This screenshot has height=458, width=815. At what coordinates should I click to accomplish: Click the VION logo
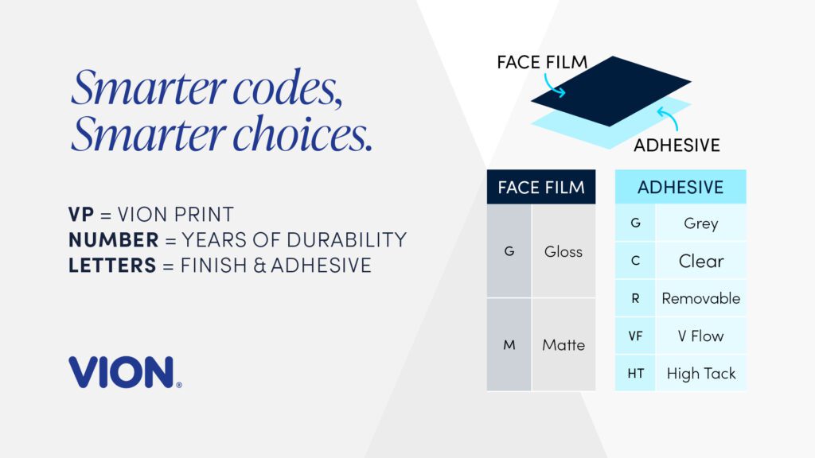125,372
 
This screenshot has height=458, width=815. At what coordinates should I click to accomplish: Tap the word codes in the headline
287,87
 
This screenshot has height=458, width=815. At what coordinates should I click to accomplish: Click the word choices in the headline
302,134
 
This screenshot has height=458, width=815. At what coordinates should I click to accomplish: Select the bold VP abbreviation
81,214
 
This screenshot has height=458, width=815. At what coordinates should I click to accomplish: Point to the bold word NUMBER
113,240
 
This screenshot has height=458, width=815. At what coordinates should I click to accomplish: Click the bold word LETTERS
112,266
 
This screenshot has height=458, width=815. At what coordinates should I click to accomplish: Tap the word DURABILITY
347,240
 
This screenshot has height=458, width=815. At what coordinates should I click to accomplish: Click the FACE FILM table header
541,187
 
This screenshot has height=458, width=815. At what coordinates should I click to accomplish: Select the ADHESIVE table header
680,187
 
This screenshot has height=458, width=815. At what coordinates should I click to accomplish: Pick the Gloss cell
563,251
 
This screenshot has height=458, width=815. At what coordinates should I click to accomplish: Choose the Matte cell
563,345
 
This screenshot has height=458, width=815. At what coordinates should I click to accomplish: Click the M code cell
509,345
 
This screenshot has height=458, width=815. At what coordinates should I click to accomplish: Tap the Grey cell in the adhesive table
700,223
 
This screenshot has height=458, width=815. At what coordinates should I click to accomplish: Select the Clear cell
700,261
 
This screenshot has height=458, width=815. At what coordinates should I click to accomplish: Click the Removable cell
700,298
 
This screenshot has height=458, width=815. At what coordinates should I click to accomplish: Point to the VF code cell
635,336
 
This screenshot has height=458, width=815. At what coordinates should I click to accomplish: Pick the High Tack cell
700,374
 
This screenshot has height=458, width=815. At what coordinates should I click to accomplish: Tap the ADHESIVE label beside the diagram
677,145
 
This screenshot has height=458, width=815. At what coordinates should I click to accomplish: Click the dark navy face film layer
611,91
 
